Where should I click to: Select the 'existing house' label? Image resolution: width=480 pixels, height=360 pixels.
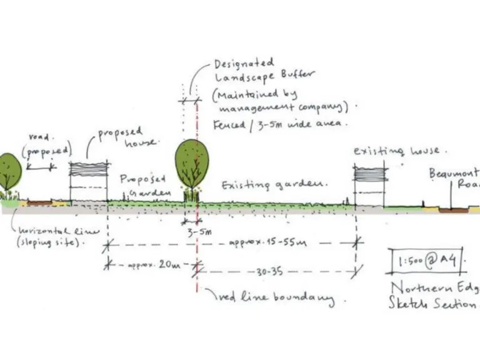(396, 151)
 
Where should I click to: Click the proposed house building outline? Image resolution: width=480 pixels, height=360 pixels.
(88, 182)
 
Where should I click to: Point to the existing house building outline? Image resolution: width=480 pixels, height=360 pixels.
(369, 186)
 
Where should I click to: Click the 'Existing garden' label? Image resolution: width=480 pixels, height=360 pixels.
(274, 185)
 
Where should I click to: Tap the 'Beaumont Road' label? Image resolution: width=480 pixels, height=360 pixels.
(454, 179)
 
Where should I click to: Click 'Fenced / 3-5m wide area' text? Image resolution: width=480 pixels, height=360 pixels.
(279, 123)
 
